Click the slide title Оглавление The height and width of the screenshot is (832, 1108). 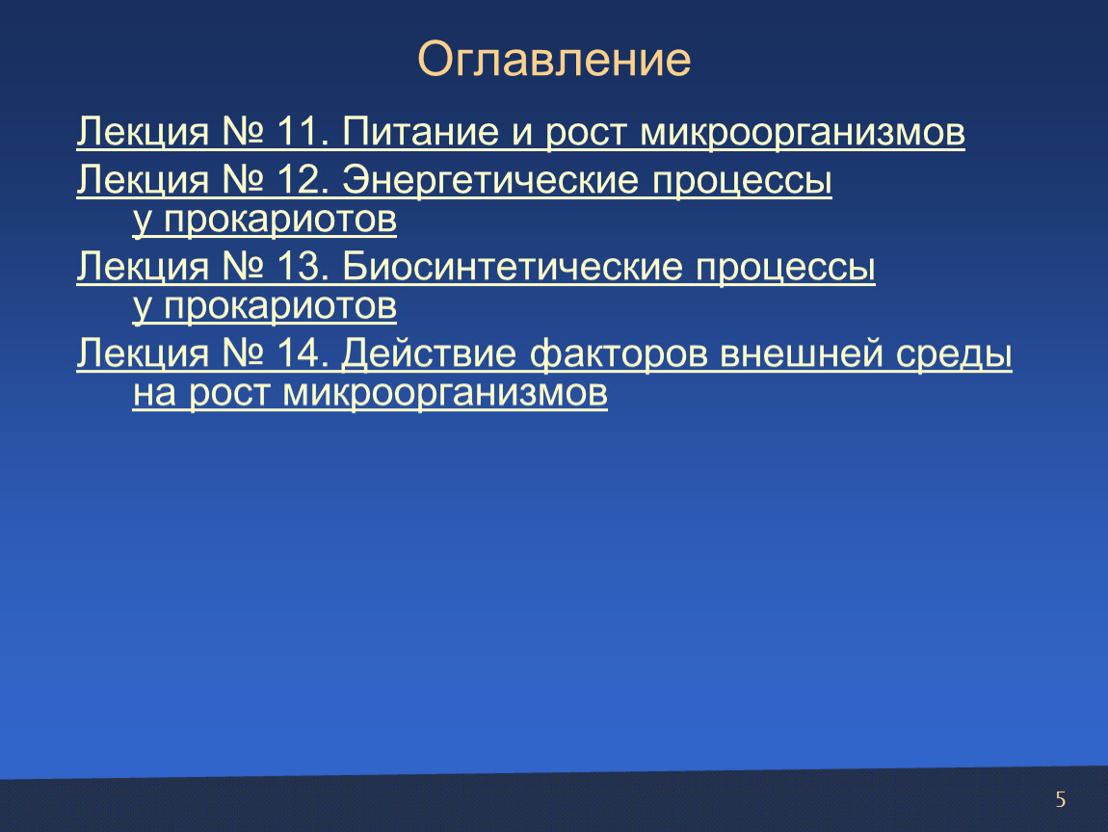pyautogui.click(x=554, y=59)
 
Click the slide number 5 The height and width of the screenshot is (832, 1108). pyautogui.click(x=1060, y=799)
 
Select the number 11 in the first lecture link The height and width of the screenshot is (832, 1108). pyautogui.click(x=297, y=131)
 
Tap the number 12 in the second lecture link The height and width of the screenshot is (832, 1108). pyautogui.click(x=299, y=179)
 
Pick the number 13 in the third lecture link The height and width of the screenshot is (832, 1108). pyautogui.click(x=299, y=267)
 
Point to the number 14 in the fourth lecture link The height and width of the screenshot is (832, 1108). pyautogui.click(x=299, y=353)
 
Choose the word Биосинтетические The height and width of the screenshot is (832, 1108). pyautogui.click(x=513, y=267)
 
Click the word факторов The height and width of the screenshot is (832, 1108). pyautogui.click(x=619, y=354)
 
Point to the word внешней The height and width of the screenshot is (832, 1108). pyautogui.click(x=802, y=353)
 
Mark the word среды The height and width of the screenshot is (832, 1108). pyautogui.click(x=954, y=354)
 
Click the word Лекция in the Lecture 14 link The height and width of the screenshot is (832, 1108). pyautogui.click(x=143, y=354)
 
